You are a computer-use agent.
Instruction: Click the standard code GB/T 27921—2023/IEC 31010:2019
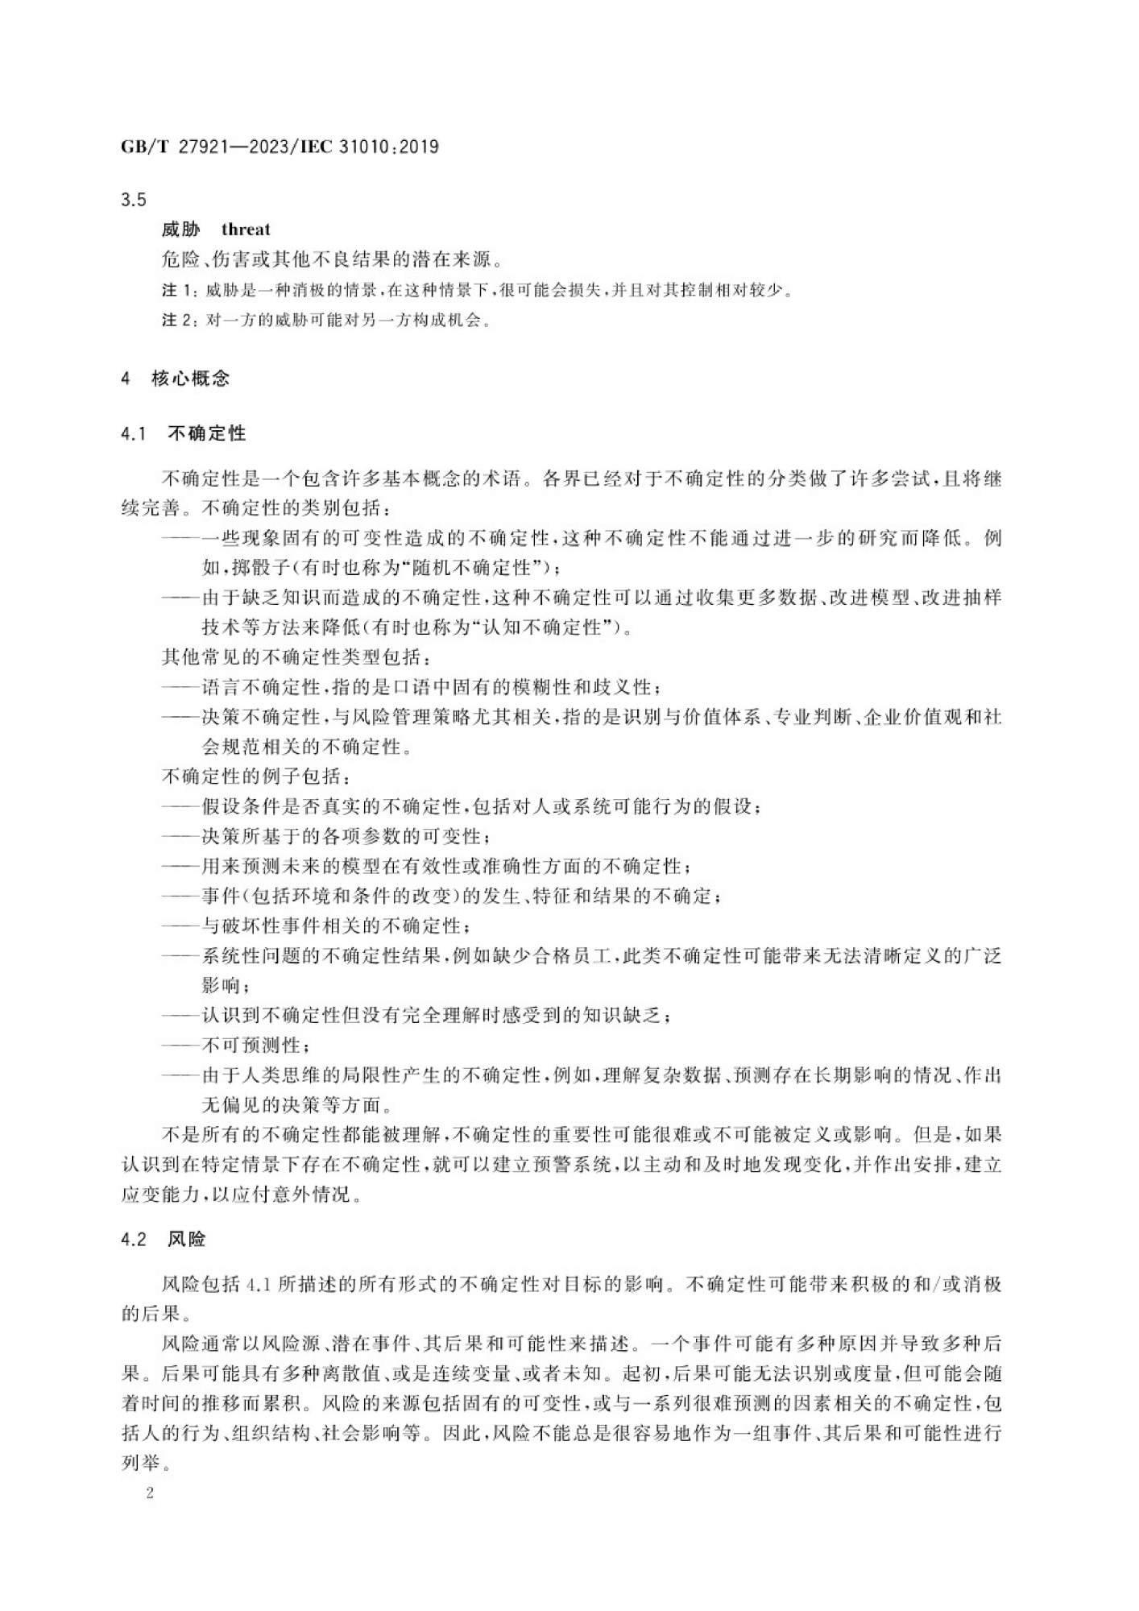click(280, 147)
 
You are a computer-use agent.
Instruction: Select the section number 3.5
click(133, 199)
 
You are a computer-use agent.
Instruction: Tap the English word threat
click(246, 230)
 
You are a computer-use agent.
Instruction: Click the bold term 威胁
click(180, 230)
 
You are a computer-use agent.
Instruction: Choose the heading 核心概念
click(190, 378)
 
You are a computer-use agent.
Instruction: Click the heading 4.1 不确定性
click(184, 434)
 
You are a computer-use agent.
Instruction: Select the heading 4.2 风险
click(164, 1240)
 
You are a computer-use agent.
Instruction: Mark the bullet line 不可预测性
click(251, 1046)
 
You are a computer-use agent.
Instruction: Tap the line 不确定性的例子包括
click(256, 777)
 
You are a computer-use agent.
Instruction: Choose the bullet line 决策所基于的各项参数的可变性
click(345, 836)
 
